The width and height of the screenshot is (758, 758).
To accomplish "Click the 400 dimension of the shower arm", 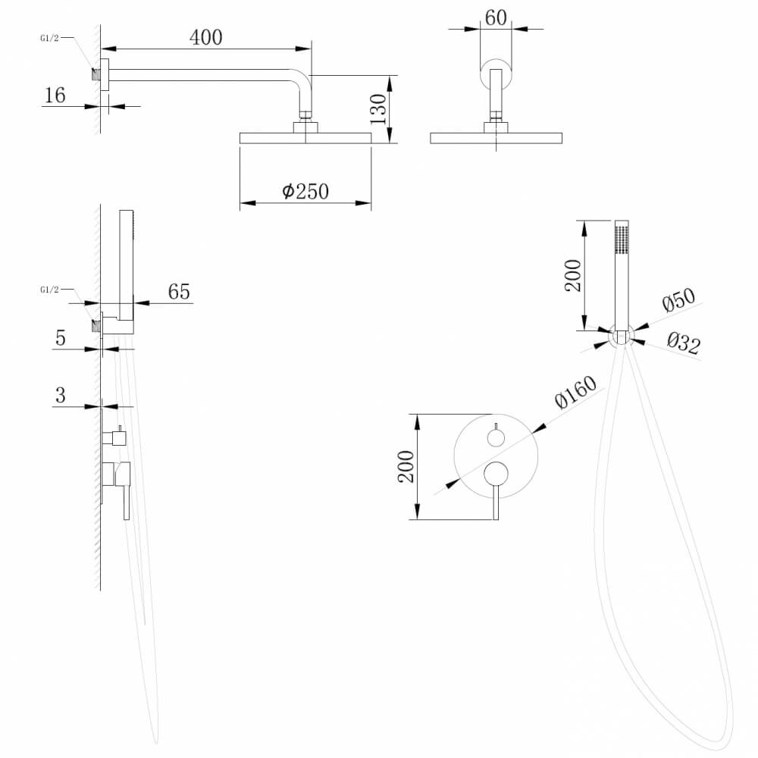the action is (x=206, y=37).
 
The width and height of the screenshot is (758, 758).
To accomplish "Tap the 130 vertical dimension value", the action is (x=378, y=109).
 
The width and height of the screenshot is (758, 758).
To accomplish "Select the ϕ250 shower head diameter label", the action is (x=305, y=192).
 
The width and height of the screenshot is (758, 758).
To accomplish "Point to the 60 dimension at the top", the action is (x=496, y=18).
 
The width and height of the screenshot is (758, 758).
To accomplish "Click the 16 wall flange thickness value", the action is (x=55, y=96).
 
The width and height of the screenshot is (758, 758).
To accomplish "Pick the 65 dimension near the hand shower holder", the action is (x=179, y=292).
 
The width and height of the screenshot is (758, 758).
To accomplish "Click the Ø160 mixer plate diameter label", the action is (x=576, y=392).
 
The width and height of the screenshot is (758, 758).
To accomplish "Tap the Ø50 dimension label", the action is (x=678, y=299).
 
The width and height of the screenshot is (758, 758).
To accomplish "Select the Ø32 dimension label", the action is (x=684, y=343).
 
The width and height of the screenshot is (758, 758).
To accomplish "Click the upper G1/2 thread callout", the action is (x=49, y=38).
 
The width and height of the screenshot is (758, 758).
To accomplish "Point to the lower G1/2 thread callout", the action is (x=49, y=290).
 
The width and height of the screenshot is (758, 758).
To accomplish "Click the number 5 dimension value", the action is (x=61, y=338).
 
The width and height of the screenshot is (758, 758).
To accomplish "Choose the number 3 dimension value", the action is (x=61, y=395).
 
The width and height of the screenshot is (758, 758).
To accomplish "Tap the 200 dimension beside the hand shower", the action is (x=573, y=276).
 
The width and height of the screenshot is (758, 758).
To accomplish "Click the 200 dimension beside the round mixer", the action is (x=406, y=466).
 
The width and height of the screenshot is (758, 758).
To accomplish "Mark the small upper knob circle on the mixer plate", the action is (x=496, y=438).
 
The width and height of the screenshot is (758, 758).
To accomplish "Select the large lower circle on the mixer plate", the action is (x=496, y=473).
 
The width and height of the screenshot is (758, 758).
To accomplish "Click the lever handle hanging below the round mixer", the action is (x=496, y=503).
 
